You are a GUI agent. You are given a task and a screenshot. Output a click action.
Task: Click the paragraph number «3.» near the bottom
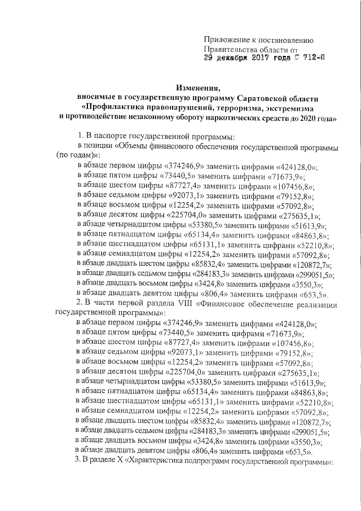80,462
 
